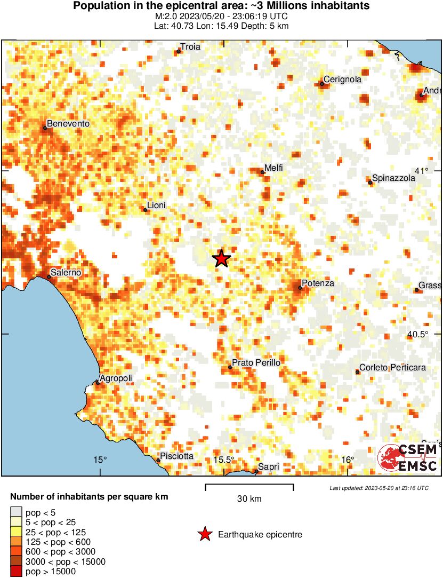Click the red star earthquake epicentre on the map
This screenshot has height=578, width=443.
(222, 259)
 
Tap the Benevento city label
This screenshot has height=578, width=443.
(68, 124)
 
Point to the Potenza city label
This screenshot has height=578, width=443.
(318, 283)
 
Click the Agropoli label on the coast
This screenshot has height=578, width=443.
(116, 378)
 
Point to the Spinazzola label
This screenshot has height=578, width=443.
(393, 178)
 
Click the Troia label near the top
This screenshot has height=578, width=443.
(190, 47)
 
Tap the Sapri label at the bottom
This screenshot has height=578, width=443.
(269, 467)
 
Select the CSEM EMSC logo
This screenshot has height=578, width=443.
(408, 458)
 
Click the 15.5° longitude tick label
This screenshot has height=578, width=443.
(223, 460)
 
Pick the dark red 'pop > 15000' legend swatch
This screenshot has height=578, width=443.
(17, 572)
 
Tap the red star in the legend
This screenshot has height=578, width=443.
(205, 534)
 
